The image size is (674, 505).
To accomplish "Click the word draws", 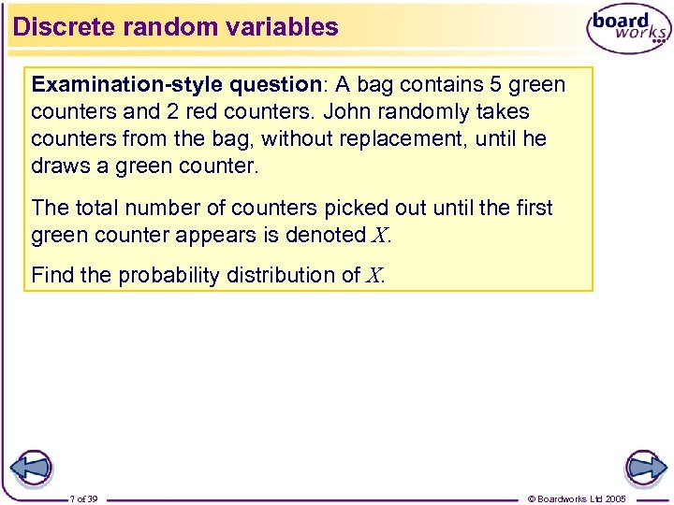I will click(59, 166).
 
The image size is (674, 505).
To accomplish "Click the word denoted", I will click(327, 235).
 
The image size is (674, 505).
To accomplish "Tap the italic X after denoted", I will click(379, 236).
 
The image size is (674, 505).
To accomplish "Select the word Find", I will click(52, 275).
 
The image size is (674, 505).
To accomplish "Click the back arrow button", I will click(32, 467).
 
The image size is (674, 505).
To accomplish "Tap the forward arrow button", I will click(645, 467).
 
